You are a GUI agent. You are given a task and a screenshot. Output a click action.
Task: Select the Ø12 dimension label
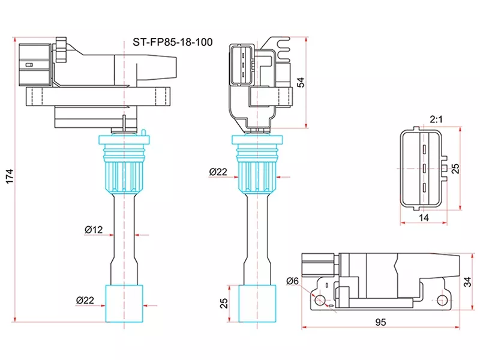click(94, 230)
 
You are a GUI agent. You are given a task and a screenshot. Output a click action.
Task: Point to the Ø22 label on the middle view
click(218, 172)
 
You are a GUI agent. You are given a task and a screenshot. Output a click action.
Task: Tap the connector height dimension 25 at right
click(455, 168)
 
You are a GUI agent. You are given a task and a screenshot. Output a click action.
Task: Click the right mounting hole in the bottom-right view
click(443, 299)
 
